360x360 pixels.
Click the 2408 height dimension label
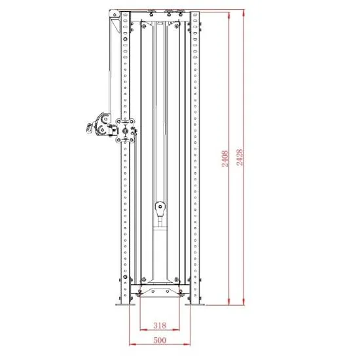pos(225,158)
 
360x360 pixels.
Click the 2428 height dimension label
pos(240,158)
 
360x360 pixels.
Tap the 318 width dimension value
pos(160,325)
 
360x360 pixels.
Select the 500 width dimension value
pos(160,340)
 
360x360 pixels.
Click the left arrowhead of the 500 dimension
pos(132,344)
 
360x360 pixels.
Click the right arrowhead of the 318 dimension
pos(176,330)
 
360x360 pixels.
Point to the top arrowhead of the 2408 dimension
pos(229,16)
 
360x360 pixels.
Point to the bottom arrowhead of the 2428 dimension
pos(243,302)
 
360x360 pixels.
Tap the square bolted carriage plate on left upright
pos(125,131)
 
